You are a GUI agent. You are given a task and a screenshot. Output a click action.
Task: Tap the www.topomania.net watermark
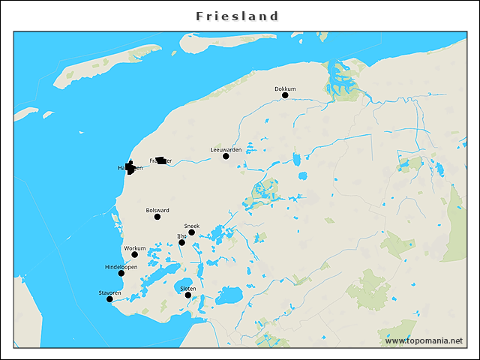424,340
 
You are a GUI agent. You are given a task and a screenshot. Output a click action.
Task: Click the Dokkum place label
285,88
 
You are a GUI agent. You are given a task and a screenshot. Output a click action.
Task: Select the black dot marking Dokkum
285,95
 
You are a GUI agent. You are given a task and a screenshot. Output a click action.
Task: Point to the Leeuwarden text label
226,149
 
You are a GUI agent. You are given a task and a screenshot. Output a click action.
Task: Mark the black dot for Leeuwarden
226,156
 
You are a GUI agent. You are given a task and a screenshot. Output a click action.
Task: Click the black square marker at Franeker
161,160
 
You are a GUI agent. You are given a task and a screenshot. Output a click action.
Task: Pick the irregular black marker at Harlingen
130,168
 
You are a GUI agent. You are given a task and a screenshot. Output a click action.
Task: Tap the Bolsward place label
157,210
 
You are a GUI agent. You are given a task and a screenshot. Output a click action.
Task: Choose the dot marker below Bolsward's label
157,217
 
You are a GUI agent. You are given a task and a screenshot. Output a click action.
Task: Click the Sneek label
191,226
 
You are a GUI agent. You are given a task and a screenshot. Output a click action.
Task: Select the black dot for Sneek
191,232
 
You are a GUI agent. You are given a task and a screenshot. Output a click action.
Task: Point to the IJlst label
181,235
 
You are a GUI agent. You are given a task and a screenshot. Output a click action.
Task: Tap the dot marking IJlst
181,242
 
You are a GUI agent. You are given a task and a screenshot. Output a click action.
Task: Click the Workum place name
134,247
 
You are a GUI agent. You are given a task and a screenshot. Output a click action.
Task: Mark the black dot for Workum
135,254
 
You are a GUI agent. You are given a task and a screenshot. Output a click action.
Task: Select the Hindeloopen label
121,266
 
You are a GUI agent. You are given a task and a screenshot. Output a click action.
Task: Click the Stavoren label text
109,292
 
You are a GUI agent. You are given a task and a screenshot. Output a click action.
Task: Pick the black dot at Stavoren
109,299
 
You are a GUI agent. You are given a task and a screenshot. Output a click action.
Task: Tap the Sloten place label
188,288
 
